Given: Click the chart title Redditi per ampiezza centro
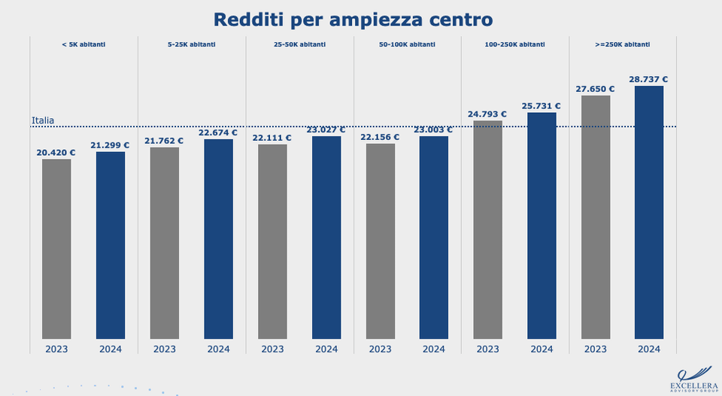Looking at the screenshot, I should pos(353,19).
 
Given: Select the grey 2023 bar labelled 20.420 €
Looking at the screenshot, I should pos(56,248).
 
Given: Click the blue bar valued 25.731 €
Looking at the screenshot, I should pos(541,226).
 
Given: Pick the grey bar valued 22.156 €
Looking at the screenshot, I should pos(381,241).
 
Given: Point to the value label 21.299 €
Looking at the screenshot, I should pos(110,145).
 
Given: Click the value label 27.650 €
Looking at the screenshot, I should pos(595,89).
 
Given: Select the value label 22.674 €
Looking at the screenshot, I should pos(218,133).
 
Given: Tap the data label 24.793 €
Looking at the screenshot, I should pos(487,114).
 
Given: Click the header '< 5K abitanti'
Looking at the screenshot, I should pos(83,44).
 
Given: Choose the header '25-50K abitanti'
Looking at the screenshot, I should pos(299,44).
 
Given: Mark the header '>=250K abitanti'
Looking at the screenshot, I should pos(622,44).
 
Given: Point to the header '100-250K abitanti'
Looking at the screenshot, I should pos(514,44).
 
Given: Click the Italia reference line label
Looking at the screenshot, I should pos(43,120).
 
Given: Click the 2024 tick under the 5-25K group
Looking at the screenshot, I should pos(218,349).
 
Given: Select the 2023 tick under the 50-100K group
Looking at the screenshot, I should pos(381,349).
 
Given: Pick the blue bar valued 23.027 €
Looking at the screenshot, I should pos(326,237).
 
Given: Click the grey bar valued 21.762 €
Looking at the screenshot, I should pos(165,242).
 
